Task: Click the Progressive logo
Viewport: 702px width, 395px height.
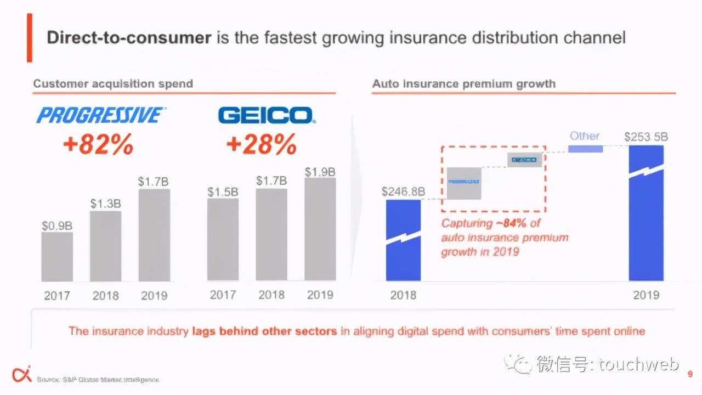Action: coord(100,115)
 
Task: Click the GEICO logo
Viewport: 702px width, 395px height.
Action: coord(265,115)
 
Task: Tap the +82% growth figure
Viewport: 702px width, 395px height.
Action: coord(98,145)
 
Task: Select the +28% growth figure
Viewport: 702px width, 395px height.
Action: coord(261,145)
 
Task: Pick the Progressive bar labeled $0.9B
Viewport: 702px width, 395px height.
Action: coord(57,257)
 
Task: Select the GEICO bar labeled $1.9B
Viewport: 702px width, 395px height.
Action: coord(320,229)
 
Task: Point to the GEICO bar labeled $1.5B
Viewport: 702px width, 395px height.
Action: coord(223,239)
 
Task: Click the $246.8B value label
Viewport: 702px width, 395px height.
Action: coord(404,191)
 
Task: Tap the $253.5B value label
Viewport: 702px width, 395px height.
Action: coord(646,137)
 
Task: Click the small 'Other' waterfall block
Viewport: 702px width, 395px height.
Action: coord(585,149)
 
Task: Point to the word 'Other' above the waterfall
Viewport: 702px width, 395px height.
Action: coord(585,136)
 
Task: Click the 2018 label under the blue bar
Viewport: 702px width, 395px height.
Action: coord(403,295)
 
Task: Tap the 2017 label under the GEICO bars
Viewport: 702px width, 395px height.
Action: coord(223,295)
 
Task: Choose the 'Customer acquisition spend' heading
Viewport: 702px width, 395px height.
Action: coord(113,84)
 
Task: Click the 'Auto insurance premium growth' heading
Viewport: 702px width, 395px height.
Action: coord(464,84)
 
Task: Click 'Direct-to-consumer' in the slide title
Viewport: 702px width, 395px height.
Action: coord(129,38)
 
